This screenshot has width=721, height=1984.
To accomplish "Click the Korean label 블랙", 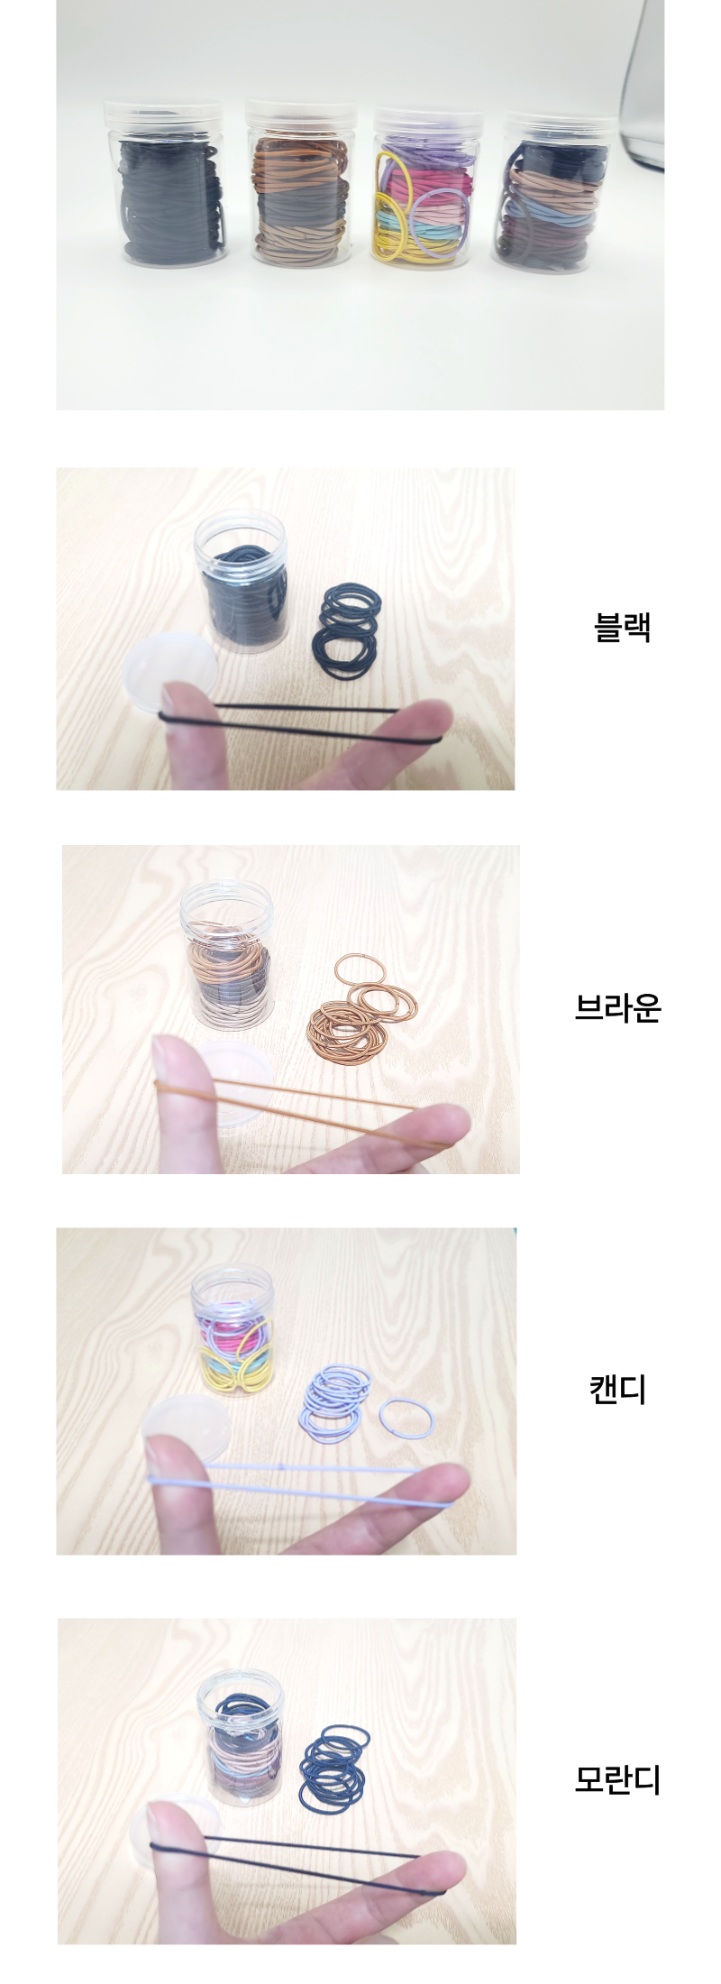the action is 622,627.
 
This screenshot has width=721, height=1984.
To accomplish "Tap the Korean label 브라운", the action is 618,1007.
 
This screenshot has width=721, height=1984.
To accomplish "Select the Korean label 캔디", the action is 618,1389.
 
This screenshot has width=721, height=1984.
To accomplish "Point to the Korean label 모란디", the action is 618,1779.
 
